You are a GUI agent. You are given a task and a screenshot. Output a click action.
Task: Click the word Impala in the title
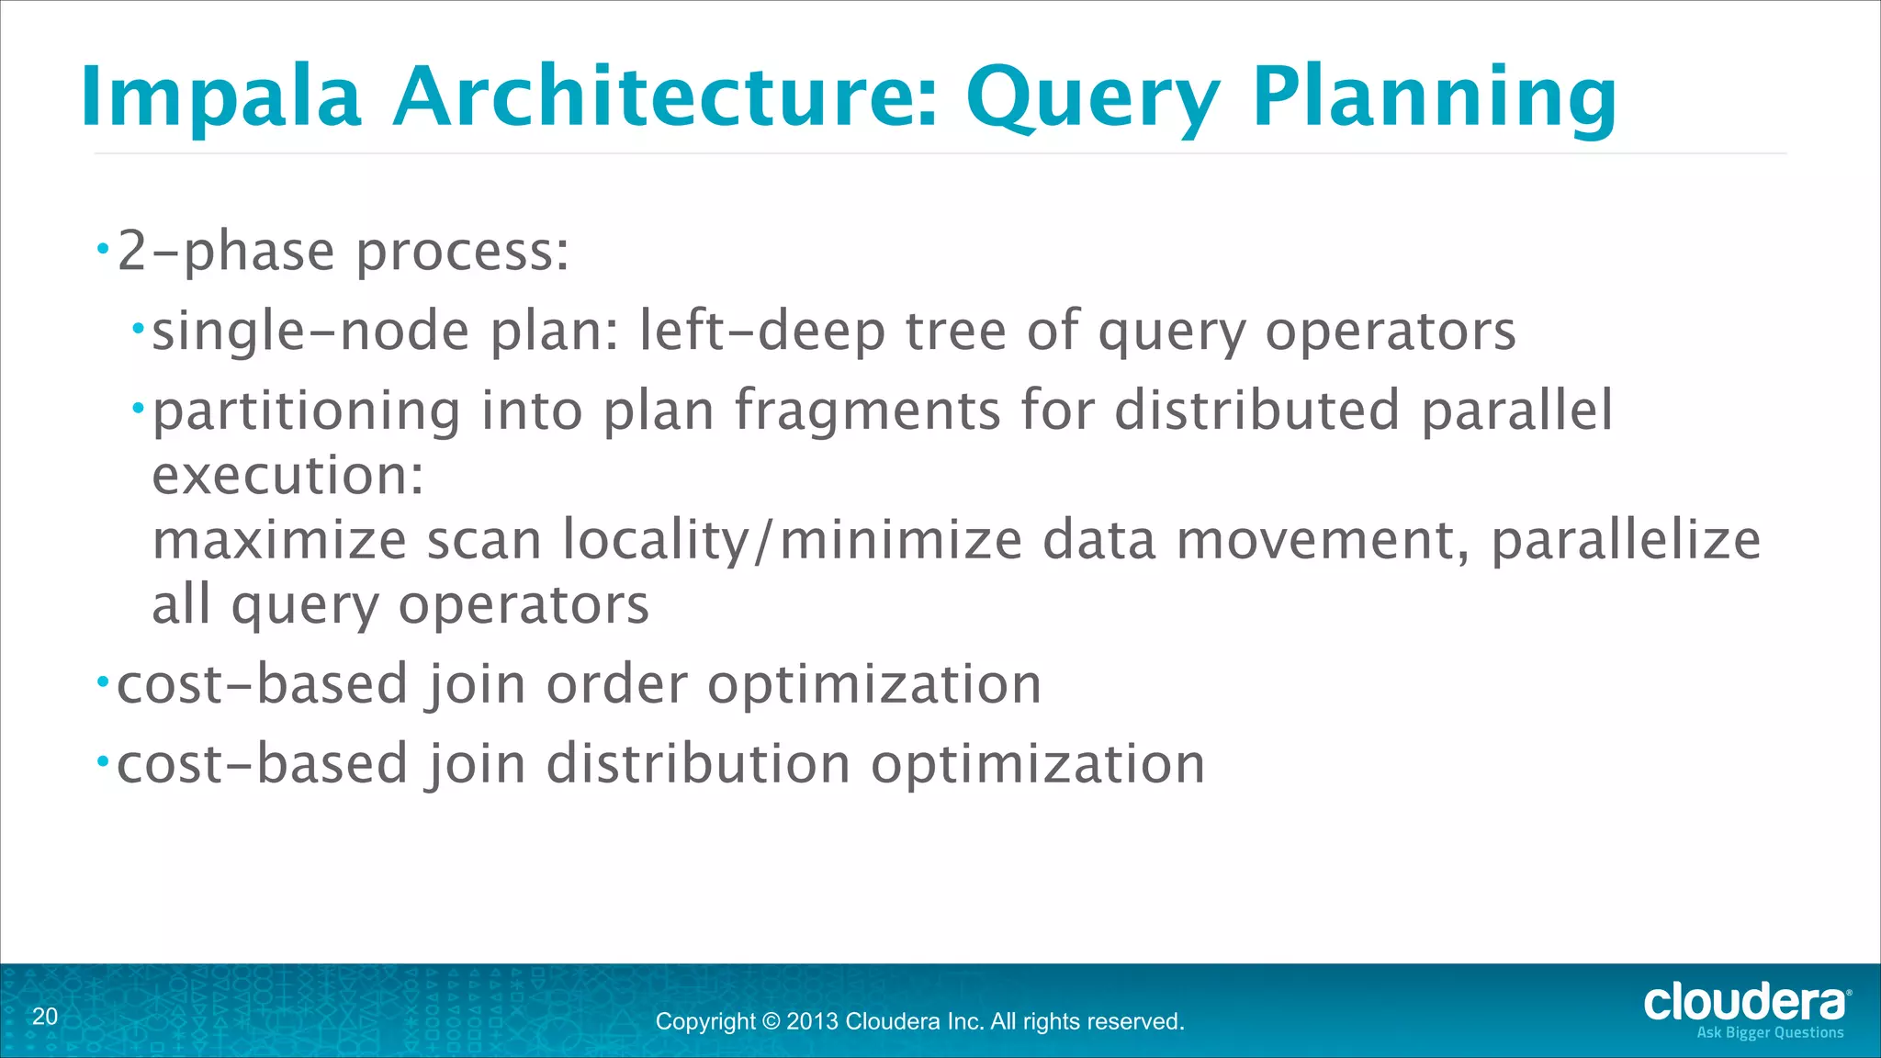(220, 97)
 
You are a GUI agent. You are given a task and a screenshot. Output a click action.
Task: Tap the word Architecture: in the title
(665, 97)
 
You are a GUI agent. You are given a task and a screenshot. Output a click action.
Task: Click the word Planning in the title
(1434, 97)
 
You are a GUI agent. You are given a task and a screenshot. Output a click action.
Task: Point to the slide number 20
(45, 1017)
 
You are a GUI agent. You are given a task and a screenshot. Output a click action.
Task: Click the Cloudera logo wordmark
(1744, 1002)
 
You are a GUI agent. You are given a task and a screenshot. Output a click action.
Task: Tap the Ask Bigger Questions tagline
(1770, 1033)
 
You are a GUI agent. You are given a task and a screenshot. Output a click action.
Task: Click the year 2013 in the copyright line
(812, 1021)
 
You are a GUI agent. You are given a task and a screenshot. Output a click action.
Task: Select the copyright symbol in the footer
(771, 1021)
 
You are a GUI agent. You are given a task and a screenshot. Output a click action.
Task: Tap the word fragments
(867, 411)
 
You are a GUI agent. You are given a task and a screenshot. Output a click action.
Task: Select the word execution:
(287, 476)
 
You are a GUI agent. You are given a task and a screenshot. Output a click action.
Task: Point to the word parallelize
(1626, 540)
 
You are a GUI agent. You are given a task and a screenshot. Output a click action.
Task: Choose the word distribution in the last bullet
(698, 764)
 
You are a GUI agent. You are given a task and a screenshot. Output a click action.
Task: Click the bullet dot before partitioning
(138, 407)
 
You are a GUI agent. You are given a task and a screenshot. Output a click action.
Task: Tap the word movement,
(1323, 540)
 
